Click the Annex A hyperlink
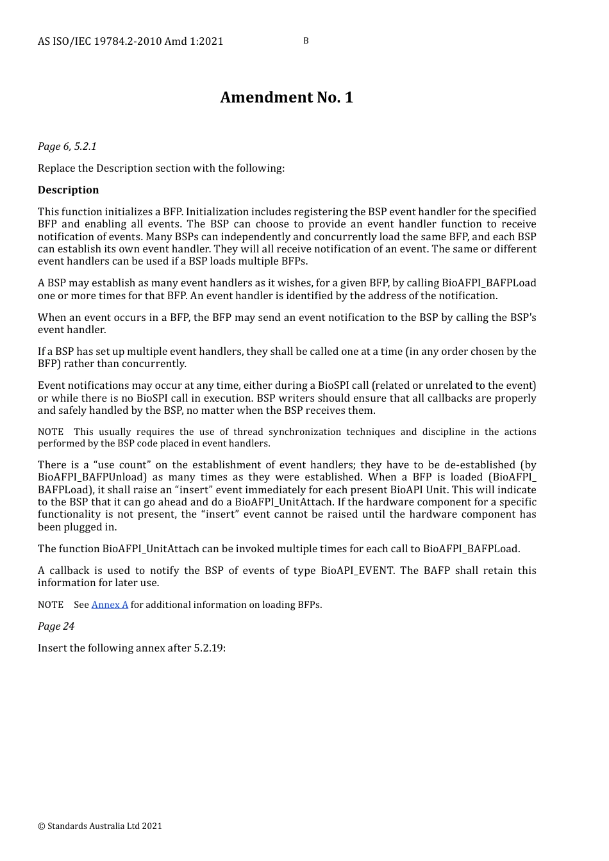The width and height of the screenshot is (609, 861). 110,605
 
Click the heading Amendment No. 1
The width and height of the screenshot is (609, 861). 287,97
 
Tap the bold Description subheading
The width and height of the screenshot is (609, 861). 68,190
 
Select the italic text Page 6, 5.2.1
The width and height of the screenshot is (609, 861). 67,147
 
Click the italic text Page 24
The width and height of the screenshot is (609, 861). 56,627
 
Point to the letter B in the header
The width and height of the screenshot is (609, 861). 306,41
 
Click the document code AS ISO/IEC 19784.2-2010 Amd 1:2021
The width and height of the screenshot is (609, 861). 131,42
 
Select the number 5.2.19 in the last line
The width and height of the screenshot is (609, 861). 208,648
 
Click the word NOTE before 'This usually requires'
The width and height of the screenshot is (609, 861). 51,432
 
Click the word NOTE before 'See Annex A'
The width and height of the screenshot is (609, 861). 51,605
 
